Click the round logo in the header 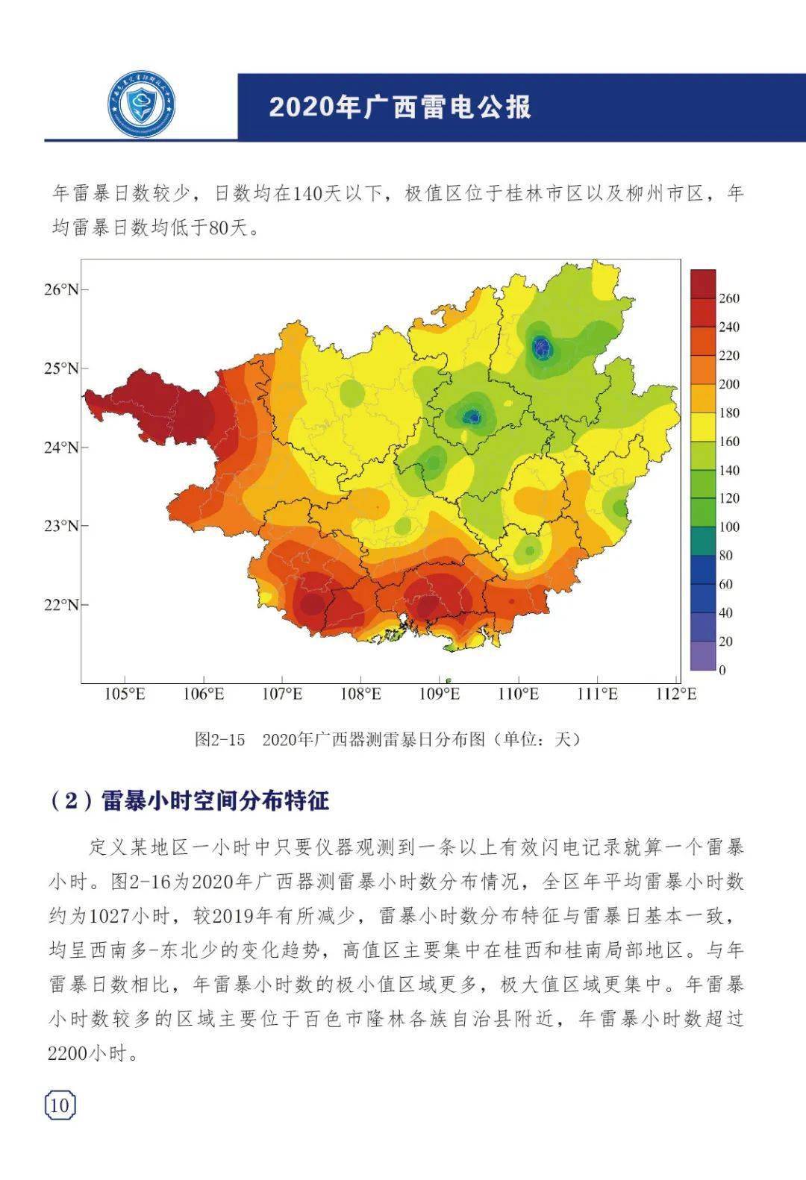141,107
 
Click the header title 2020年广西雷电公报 400,107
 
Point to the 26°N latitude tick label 61,289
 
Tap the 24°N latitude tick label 61,448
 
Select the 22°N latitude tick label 61,604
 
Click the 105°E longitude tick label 125,694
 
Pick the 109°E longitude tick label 440,694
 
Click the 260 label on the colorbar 728,298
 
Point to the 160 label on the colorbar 728,442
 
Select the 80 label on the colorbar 725,556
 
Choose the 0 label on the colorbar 722,670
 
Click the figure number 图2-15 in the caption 219,739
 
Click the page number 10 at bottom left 60,1105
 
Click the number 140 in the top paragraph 306,194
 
